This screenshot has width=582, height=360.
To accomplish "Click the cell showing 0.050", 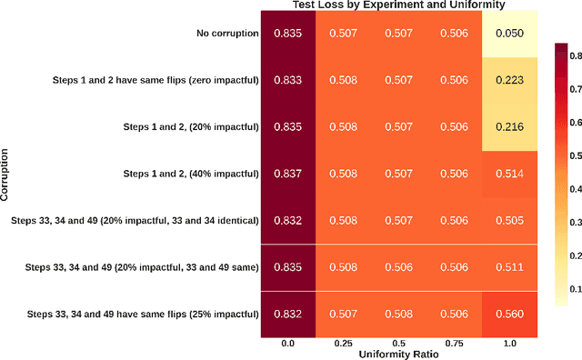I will click(x=509, y=34).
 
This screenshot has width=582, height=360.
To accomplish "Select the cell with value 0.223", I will click(x=509, y=80).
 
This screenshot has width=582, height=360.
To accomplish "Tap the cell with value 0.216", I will click(x=509, y=127).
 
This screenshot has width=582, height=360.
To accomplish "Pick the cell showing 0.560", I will click(x=509, y=314).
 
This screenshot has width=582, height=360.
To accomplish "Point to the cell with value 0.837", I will click(x=288, y=174).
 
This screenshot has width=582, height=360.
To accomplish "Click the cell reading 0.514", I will click(x=509, y=174).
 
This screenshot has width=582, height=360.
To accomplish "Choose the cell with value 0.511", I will click(x=509, y=267).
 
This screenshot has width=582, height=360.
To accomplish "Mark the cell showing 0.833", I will click(x=288, y=80).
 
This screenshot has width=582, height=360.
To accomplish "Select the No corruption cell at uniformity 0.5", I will click(x=399, y=34).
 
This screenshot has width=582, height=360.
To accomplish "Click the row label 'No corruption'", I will click(x=227, y=34).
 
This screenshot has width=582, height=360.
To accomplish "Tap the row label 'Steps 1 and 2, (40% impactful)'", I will click(x=191, y=174).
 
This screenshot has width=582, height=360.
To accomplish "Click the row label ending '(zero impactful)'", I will click(x=156, y=80).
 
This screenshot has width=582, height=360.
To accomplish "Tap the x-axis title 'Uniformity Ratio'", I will click(x=399, y=353).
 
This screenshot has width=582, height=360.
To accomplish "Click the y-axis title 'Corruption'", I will click(x=6, y=174).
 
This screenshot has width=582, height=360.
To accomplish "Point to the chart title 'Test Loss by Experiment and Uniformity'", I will click(x=399, y=5).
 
